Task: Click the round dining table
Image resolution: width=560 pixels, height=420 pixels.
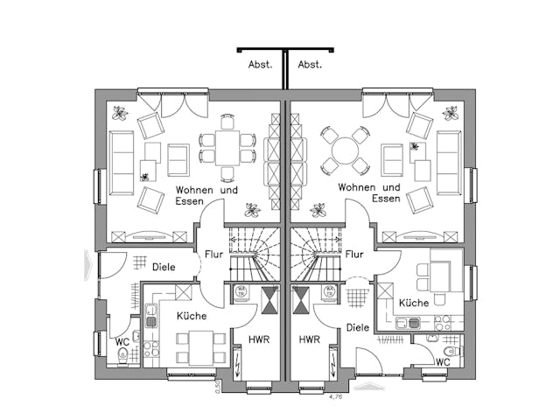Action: click(345, 150)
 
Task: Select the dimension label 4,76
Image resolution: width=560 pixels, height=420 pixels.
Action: click(333, 396)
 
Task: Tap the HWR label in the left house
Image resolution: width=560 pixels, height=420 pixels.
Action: click(259, 339)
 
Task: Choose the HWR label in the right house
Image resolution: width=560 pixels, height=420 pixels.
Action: click(310, 339)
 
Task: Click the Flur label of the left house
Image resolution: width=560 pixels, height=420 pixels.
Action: click(214, 255)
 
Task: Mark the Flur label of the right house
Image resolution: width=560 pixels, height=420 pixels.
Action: click(354, 255)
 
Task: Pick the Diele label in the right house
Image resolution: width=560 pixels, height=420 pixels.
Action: click(357, 327)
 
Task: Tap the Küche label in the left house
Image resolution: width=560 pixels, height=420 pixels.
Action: click(192, 316)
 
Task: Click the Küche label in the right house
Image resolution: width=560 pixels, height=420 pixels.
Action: click(414, 303)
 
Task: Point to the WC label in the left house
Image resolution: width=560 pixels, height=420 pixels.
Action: click(122, 341)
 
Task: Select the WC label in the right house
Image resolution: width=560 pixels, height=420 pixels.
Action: click(443, 361)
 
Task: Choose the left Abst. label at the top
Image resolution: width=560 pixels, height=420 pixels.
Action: click(261, 64)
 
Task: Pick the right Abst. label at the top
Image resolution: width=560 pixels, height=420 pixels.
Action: click(310, 64)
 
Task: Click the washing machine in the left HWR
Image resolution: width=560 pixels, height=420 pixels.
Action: click(241, 294)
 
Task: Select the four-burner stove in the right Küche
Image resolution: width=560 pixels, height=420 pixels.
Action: click(443, 323)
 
